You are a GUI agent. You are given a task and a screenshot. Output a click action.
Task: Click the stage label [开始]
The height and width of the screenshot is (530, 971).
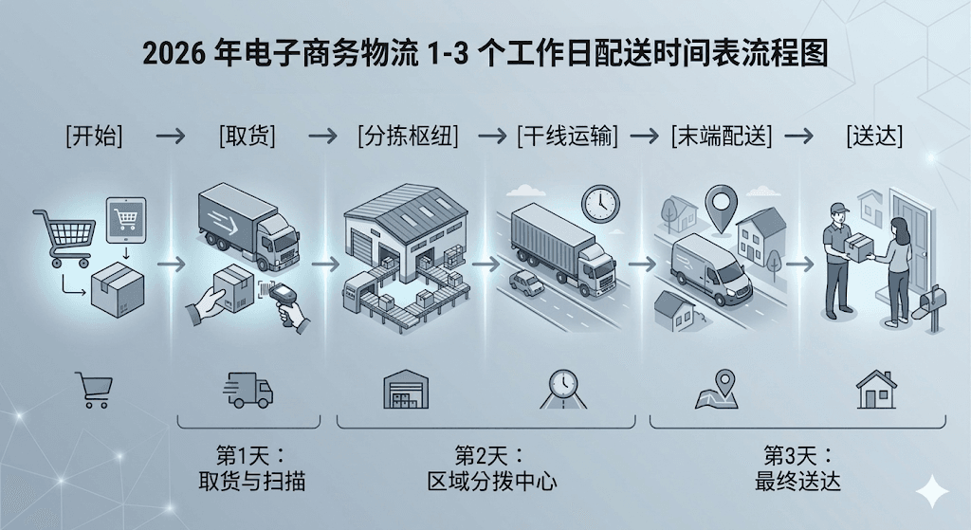pyautogui.click(x=94, y=136)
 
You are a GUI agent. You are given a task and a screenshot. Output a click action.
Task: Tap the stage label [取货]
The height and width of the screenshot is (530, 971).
pyautogui.click(x=247, y=136)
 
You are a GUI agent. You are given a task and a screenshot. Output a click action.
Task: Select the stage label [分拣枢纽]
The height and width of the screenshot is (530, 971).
pyautogui.click(x=408, y=136)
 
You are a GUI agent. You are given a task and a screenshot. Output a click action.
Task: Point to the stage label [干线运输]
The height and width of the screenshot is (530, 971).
pyautogui.click(x=568, y=136)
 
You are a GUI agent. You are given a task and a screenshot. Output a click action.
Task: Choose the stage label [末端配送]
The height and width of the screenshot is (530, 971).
pyautogui.click(x=722, y=136)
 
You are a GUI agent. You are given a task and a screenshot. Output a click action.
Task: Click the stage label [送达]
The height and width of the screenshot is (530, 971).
pyautogui.click(x=874, y=136)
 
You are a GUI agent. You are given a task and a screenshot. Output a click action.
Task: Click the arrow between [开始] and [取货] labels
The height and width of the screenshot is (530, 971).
pyautogui.click(x=171, y=136)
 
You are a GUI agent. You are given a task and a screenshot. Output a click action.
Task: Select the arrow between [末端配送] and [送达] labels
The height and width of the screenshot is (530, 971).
pyautogui.click(x=798, y=136)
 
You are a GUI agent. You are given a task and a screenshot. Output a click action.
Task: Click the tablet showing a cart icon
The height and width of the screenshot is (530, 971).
pyautogui.click(x=126, y=220)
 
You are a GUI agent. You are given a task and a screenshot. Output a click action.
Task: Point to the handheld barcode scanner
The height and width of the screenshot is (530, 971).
pyautogui.click(x=286, y=303)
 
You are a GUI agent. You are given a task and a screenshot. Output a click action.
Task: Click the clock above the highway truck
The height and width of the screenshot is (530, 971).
pyautogui.click(x=600, y=204)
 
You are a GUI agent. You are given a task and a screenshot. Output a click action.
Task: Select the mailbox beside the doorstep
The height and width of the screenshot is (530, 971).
pyautogui.click(x=931, y=304)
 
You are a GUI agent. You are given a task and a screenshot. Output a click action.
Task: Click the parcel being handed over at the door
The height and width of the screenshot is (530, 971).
pyautogui.click(x=857, y=247)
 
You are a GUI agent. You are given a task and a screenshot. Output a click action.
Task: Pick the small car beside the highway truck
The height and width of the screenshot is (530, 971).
pyautogui.click(x=526, y=283)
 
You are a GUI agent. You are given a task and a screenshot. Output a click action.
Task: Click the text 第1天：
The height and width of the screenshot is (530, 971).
pyautogui.click(x=251, y=456)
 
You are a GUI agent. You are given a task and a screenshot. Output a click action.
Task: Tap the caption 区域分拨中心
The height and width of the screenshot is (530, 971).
pyautogui.click(x=492, y=481)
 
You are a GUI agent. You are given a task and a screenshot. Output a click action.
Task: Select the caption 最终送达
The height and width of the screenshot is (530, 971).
pyautogui.click(x=797, y=481)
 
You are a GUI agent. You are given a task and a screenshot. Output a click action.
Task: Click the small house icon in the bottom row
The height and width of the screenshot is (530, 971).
pyautogui.click(x=876, y=390)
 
